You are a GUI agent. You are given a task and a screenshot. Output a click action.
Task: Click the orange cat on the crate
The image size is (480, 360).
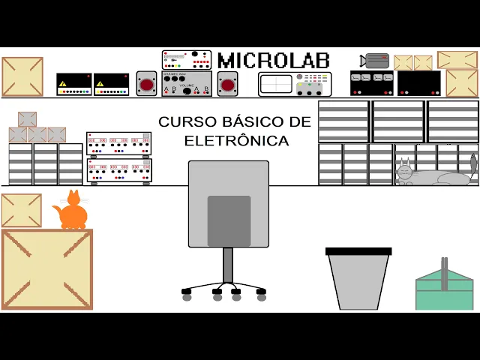point(73,213)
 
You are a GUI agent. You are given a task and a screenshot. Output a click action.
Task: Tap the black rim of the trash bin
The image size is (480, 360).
point(358,252)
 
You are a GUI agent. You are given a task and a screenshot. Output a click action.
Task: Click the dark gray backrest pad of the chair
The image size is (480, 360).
point(229,220)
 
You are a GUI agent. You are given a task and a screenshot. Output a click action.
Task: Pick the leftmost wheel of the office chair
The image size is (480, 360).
point(187,297)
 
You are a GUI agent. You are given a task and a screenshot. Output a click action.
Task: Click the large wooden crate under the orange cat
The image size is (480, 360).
point(47,269)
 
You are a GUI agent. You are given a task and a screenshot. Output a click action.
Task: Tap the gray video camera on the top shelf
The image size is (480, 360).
point(374,61)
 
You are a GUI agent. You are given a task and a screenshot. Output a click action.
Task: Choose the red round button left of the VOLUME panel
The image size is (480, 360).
point(146,84)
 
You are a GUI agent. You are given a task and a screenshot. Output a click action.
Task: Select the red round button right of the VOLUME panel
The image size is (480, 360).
point(227,84)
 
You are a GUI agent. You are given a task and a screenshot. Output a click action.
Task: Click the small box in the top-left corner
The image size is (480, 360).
point(22,76)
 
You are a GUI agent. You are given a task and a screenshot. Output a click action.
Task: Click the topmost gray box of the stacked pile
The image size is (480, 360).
point(27,119)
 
